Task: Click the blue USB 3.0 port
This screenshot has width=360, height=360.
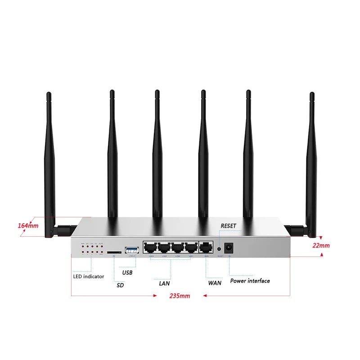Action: [132, 249]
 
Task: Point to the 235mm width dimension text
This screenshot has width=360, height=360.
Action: [180, 296]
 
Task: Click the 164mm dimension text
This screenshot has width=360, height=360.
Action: [28, 225]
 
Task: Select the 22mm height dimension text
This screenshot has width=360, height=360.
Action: [321, 246]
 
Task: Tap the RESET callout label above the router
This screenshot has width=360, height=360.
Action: [228, 225]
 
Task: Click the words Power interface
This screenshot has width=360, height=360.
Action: [250, 281]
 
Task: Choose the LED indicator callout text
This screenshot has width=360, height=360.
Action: [89, 276]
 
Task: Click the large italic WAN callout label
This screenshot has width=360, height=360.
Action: [215, 283]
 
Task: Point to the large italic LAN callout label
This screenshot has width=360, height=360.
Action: [164, 283]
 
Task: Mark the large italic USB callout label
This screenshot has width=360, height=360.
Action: [127, 272]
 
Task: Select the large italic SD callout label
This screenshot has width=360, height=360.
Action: [120, 285]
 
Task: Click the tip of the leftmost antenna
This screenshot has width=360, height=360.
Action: [49, 94]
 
